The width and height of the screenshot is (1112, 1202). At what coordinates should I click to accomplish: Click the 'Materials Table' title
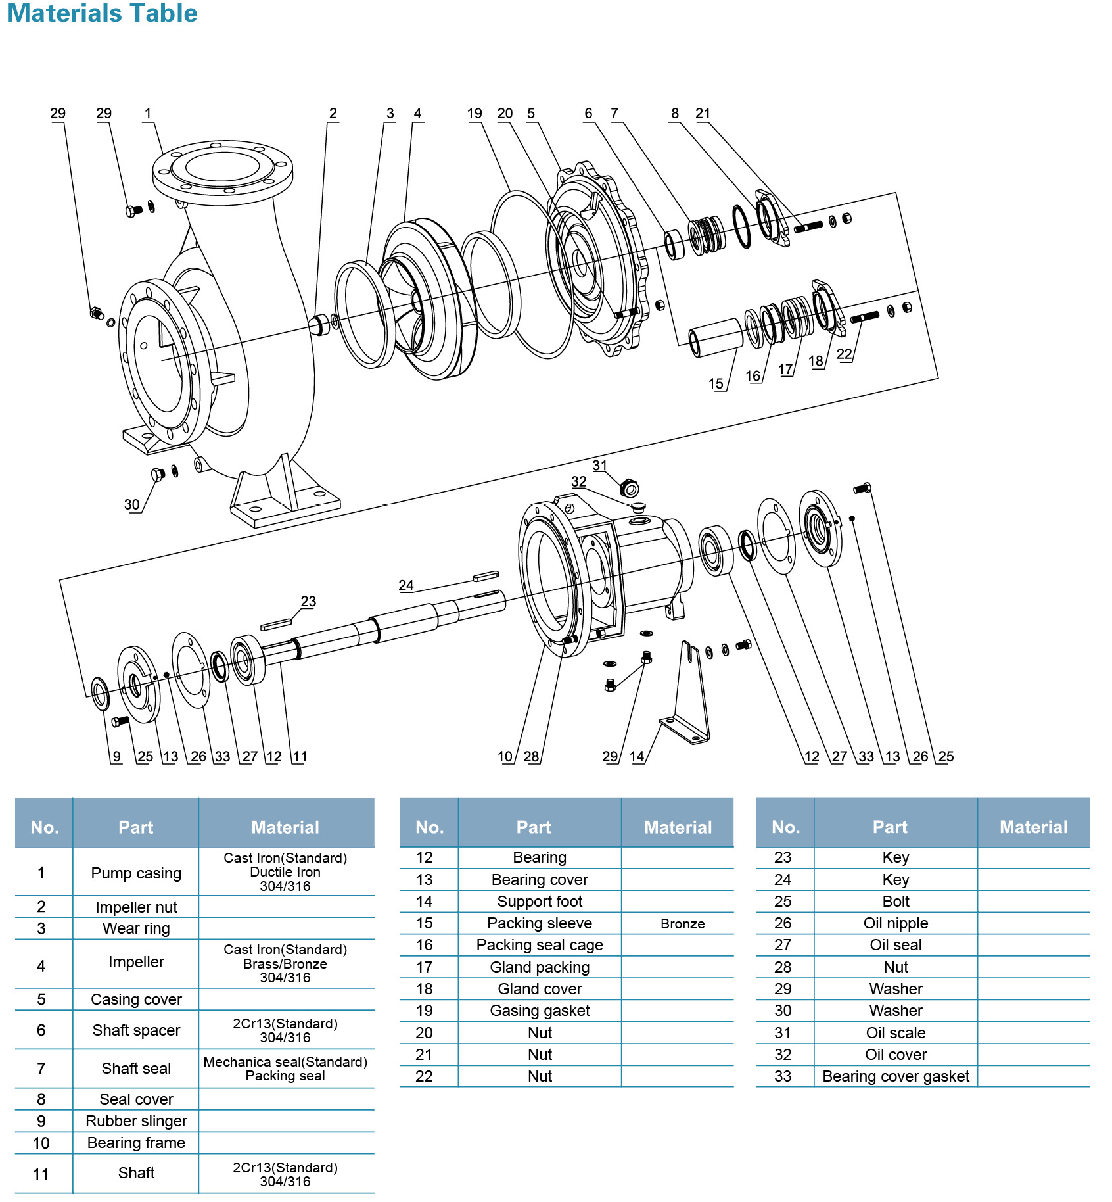[102, 13]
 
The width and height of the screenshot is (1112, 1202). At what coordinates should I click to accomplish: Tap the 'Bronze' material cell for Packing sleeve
[682, 924]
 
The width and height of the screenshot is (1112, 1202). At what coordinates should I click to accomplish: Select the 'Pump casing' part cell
[136, 873]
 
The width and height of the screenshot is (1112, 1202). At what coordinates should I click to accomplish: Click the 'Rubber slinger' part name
[136, 1121]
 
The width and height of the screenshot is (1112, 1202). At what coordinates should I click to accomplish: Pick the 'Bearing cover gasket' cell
[895, 1076]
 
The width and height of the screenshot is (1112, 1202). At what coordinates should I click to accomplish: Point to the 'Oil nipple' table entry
[895, 923]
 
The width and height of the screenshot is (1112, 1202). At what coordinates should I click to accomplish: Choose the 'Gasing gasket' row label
[540, 1011]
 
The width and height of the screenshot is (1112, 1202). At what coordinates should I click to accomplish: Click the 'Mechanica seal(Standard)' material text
[285, 1062]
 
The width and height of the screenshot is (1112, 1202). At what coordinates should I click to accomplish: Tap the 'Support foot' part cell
[540, 901]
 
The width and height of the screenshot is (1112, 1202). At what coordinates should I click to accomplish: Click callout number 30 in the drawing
[132, 504]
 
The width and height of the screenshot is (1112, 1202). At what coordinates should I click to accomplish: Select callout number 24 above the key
[406, 585]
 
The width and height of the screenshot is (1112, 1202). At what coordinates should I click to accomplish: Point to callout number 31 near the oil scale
[599, 466]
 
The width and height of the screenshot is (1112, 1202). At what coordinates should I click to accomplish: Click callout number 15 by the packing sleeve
[716, 383]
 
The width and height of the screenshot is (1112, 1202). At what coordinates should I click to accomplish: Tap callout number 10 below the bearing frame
[505, 757]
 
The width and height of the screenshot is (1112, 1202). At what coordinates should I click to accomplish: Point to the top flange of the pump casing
[222, 168]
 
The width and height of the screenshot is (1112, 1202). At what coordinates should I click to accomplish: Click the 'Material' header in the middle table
[678, 827]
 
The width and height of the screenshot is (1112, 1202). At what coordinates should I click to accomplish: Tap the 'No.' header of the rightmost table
[785, 827]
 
